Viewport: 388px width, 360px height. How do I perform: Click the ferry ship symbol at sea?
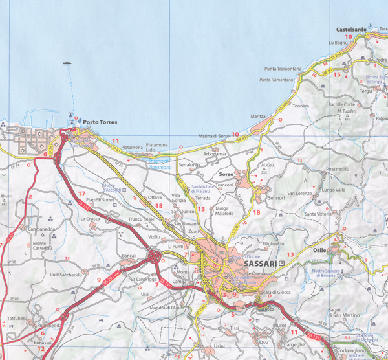(x=67, y=63)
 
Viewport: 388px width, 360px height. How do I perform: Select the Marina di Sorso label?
(x=213, y=135)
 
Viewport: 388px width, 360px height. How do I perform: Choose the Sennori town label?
(x=276, y=197)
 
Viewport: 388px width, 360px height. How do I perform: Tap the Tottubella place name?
(x=17, y=319)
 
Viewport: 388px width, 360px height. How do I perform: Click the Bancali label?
(x=129, y=256)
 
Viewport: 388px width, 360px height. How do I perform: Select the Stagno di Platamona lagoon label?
(x=160, y=164)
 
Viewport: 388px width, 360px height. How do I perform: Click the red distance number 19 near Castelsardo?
(x=348, y=37)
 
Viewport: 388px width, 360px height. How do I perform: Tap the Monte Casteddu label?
(x=44, y=246)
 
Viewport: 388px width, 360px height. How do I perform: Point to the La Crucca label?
(x=90, y=219)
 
